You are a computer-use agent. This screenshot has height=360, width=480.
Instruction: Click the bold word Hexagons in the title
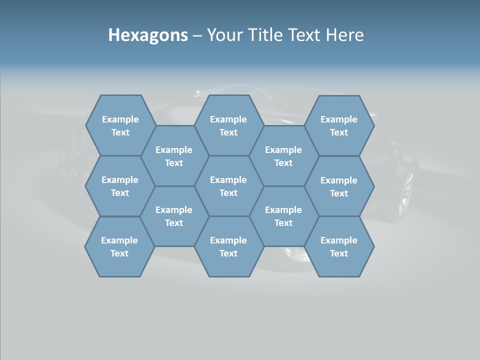pyautogui.click(x=148, y=35)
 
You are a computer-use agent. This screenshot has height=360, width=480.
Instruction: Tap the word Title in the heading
pyautogui.click(x=265, y=35)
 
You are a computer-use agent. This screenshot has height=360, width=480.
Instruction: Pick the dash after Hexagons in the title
pyautogui.click(x=197, y=35)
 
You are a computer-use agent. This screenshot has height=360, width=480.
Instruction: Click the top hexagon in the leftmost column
pyautogui.click(x=120, y=125)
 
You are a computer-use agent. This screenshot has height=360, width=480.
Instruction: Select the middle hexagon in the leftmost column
pyautogui.click(x=120, y=186)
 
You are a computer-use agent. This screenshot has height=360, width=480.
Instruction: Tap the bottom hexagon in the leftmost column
pyautogui.click(x=119, y=246)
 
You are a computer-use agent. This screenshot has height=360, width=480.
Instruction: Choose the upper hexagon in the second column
pyautogui.click(x=174, y=156)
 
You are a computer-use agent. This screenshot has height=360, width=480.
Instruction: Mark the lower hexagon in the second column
pyautogui.click(x=174, y=216)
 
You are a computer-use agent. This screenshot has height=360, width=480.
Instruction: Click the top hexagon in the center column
pyautogui.click(x=228, y=125)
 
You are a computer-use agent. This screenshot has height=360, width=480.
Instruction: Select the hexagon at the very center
pyautogui.click(x=228, y=186)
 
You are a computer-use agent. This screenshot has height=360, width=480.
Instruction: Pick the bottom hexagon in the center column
pyautogui.click(x=228, y=246)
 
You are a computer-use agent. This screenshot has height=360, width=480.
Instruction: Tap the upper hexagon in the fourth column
pyautogui.click(x=283, y=156)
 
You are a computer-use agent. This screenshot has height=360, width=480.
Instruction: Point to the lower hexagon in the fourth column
pyautogui.click(x=283, y=216)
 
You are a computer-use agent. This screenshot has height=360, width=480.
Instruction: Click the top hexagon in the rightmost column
pyautogui.click(x=339, y=125)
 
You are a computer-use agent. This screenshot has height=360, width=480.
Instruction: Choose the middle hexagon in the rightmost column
pyautogui.click(x=339, y=186)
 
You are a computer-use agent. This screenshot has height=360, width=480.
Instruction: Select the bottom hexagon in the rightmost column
pyautogui.click(x=339, y=246)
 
